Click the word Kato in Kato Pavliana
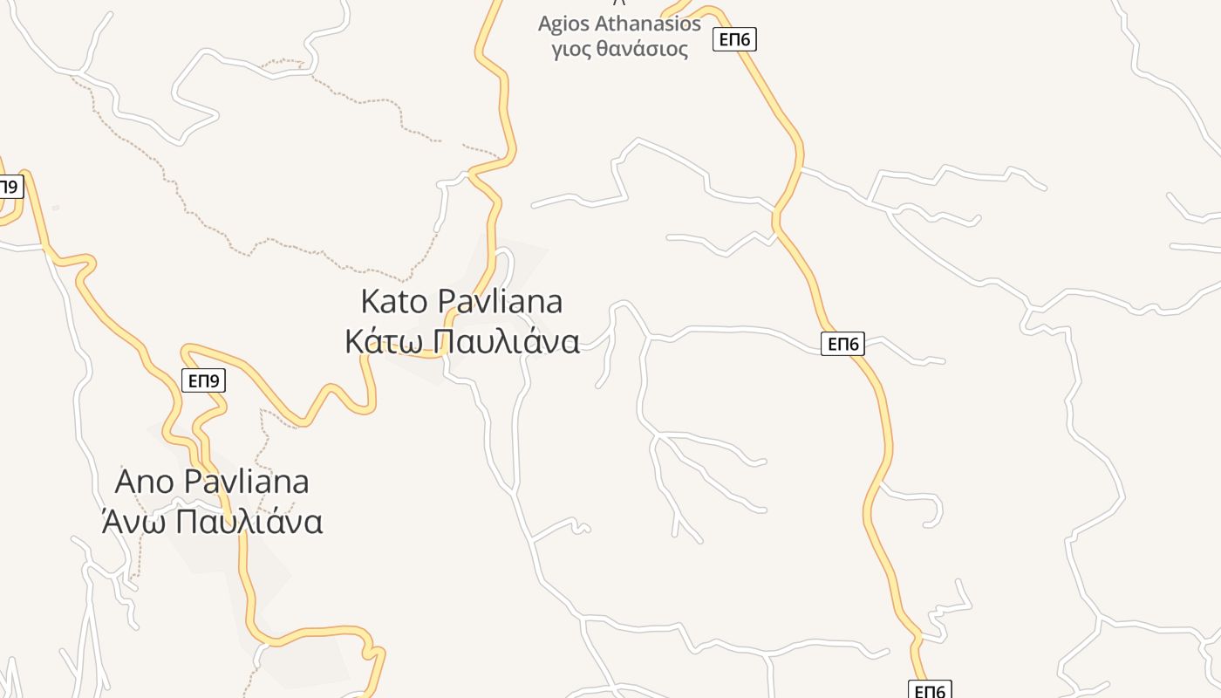coord(394,302)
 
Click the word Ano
coord(146,482)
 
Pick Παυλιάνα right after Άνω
coord(249,521)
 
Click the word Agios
coord(564,24)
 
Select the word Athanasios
coord(649,24)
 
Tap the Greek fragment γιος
coord(571,49)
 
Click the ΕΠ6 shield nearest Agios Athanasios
coord(734,39)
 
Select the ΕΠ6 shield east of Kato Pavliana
coord(842,344)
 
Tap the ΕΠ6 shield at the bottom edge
coord(930,691)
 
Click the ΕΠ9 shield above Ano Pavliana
coord(204,380)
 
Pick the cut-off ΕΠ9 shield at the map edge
coord(9,186)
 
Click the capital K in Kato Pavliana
coord(371,302)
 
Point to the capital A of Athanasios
coord(604,24)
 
